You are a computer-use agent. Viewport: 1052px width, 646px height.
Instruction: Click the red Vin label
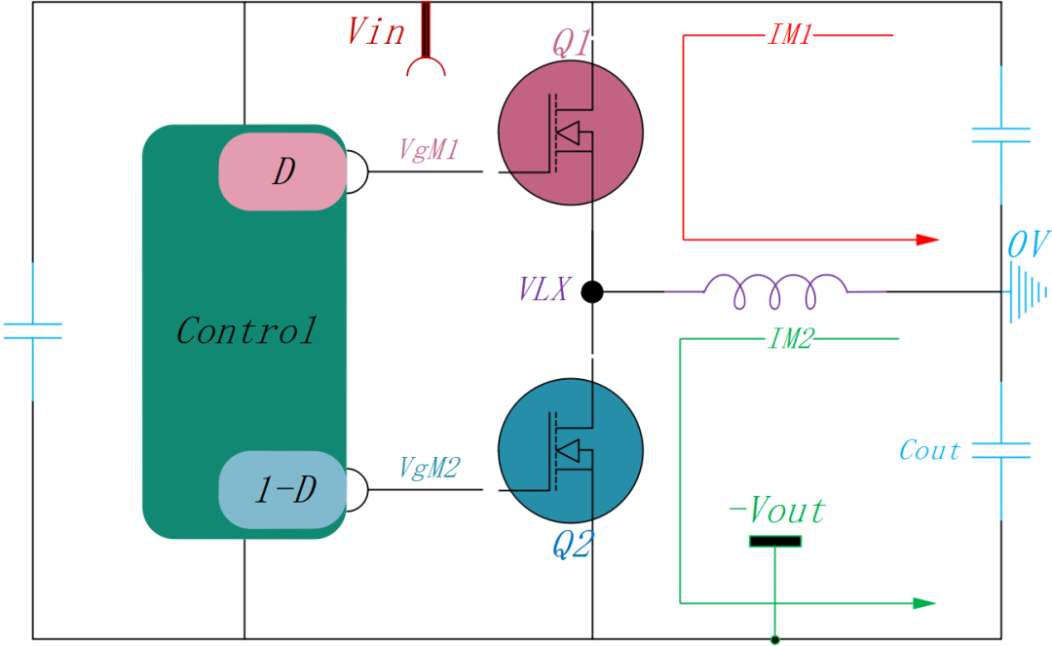[x=376, y=32]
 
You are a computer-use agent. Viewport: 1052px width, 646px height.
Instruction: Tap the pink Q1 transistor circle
[x=571, y=132]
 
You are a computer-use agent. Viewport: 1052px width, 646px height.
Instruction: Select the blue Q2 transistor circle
[x=571, y=449]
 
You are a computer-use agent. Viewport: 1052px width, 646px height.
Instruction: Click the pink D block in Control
[x=282, y=172]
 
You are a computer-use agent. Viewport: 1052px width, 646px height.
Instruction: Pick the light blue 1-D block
[x=282, y=490]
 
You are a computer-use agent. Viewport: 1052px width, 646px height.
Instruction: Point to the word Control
[x=245, y=331]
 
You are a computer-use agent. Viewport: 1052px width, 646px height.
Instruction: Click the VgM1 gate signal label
[x=429, y=149]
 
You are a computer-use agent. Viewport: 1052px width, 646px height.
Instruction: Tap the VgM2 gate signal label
[x=430, y=468]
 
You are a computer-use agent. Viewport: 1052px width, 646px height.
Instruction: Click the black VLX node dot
[x=591, y=291]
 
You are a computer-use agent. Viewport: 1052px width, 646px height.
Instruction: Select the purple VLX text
[x=544, y=289]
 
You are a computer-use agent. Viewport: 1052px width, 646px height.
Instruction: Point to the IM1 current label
[x=790, y=36]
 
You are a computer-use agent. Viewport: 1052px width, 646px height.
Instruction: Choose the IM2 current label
[x=790, y=339]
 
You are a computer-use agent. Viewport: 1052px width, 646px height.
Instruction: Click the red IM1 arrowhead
[x=927, y=239]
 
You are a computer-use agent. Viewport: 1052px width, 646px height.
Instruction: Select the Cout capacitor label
[x=929, y=450]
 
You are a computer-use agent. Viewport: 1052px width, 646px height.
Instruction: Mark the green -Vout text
[x=776, y=511]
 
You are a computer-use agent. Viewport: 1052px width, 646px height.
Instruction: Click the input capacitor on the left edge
[x=32, y=331]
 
